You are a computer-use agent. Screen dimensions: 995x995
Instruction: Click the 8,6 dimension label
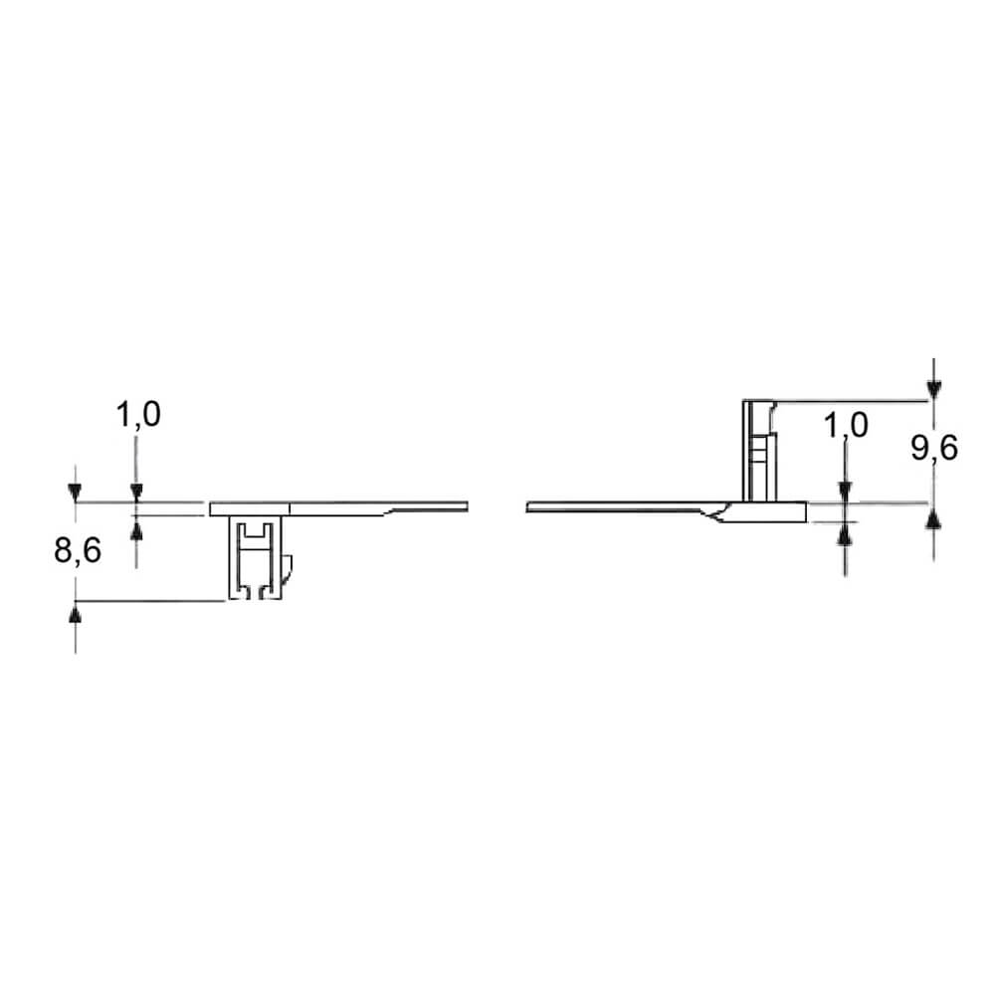point(78,550)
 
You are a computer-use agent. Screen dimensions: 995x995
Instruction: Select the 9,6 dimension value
point(934,449)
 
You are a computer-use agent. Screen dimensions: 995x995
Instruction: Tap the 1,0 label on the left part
point(137,414)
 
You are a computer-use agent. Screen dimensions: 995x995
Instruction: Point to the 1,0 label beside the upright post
point(846,425)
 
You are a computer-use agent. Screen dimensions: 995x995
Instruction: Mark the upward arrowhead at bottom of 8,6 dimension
point(76,614)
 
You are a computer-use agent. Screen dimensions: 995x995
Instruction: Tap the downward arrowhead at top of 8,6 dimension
point(76,493)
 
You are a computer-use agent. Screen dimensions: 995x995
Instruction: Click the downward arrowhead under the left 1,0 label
point(136,493)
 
